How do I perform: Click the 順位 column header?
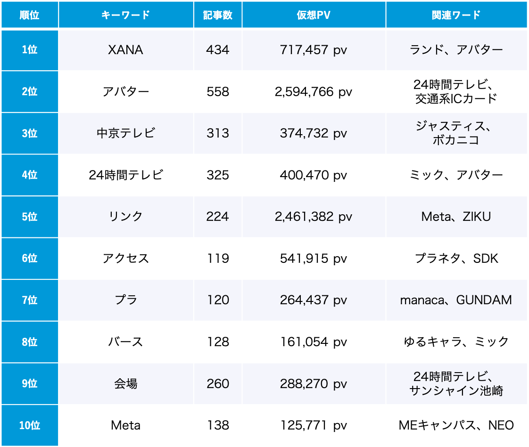click(x=29, y=15)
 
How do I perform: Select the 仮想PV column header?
click(x=314, y=15)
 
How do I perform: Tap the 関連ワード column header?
click(x=456, y=15)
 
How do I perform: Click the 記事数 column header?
click(x=217, y=15)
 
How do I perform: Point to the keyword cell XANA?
click(x=125, y=50)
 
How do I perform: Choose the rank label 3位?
click(x=29, y=133)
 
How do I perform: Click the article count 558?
click(x=217, y=91)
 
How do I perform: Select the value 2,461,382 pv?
click(x=314, y=217)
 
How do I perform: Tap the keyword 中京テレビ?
click(x=125, y=133)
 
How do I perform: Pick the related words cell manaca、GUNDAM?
click(x=456, y=300)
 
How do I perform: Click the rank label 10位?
click(x=29, y=425)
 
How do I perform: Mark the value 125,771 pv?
click(x=314, y=425)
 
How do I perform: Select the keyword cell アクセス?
click(x=125, y=258)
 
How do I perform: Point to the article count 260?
click(x=217, y=383)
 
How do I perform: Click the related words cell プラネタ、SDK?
click(x=456, y=258)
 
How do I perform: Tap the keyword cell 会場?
click(x=125, y=383)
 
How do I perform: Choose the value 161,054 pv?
click(x=314, y=341)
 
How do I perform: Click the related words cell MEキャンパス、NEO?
click(x=456, y=425)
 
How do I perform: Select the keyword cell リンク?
click(x=125, y=217)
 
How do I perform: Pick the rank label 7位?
click(x=29, y=300)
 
